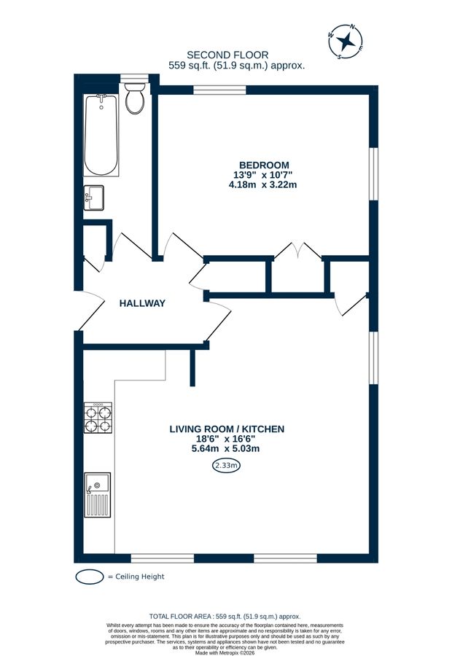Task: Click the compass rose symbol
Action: tap(346, 42)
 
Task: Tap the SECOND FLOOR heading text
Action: tap(227, 55)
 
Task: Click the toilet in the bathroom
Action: tap(135, 98)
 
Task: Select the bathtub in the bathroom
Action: tap(101, 135)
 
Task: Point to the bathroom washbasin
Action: tap(94, 198)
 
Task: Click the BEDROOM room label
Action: tap(264, 165)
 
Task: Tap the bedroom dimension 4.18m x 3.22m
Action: tap(263, 184)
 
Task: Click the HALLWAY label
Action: tap(142, 303)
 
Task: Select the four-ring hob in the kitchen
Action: tap(98, 418)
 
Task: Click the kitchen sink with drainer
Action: tap(98, 495)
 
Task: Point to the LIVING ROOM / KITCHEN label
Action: tap(227, 429)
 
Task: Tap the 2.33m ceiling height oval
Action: tap(226, 465)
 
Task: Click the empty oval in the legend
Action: tap(89, 577)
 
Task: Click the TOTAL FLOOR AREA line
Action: tap(225, 616)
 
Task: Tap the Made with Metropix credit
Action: tap(225, 652)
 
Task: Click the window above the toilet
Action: tap(134, 78)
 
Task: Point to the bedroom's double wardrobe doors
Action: tap(297, 251)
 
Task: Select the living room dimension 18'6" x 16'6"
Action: tap(225, 439)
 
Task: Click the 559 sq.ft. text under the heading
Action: tap(236, 66)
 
